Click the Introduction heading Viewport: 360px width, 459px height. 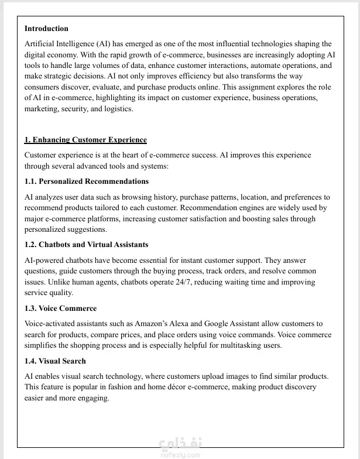[46, 28]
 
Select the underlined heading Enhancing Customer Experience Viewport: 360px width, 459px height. [85, 140]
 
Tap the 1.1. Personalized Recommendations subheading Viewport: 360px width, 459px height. [87, 181]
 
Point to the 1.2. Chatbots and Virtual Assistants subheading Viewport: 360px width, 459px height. [86, 245]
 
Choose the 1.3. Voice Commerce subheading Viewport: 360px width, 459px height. [60, 309]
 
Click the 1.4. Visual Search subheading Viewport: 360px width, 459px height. [55, 361]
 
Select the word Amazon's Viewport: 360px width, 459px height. [152, 324]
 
